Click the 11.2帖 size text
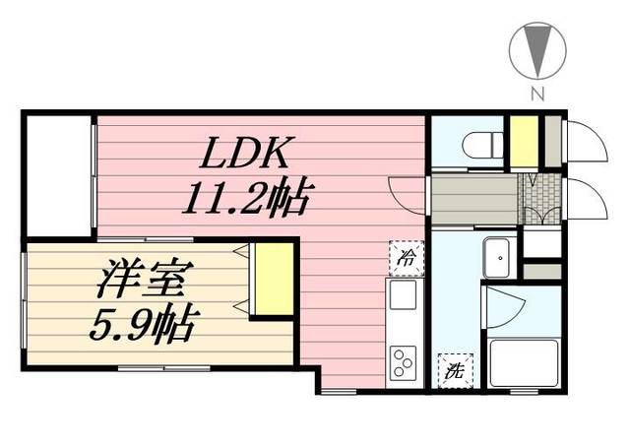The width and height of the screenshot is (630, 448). [x=245, y=200]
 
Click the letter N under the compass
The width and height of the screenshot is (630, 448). [x=537, y=95]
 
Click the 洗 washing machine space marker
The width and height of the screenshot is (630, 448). [x=454, y=371]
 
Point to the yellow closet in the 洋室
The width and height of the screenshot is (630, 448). [x=272, y=279]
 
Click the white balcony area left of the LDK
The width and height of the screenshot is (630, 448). [x=57, y=177]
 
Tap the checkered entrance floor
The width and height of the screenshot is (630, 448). [x=540, y=200]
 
